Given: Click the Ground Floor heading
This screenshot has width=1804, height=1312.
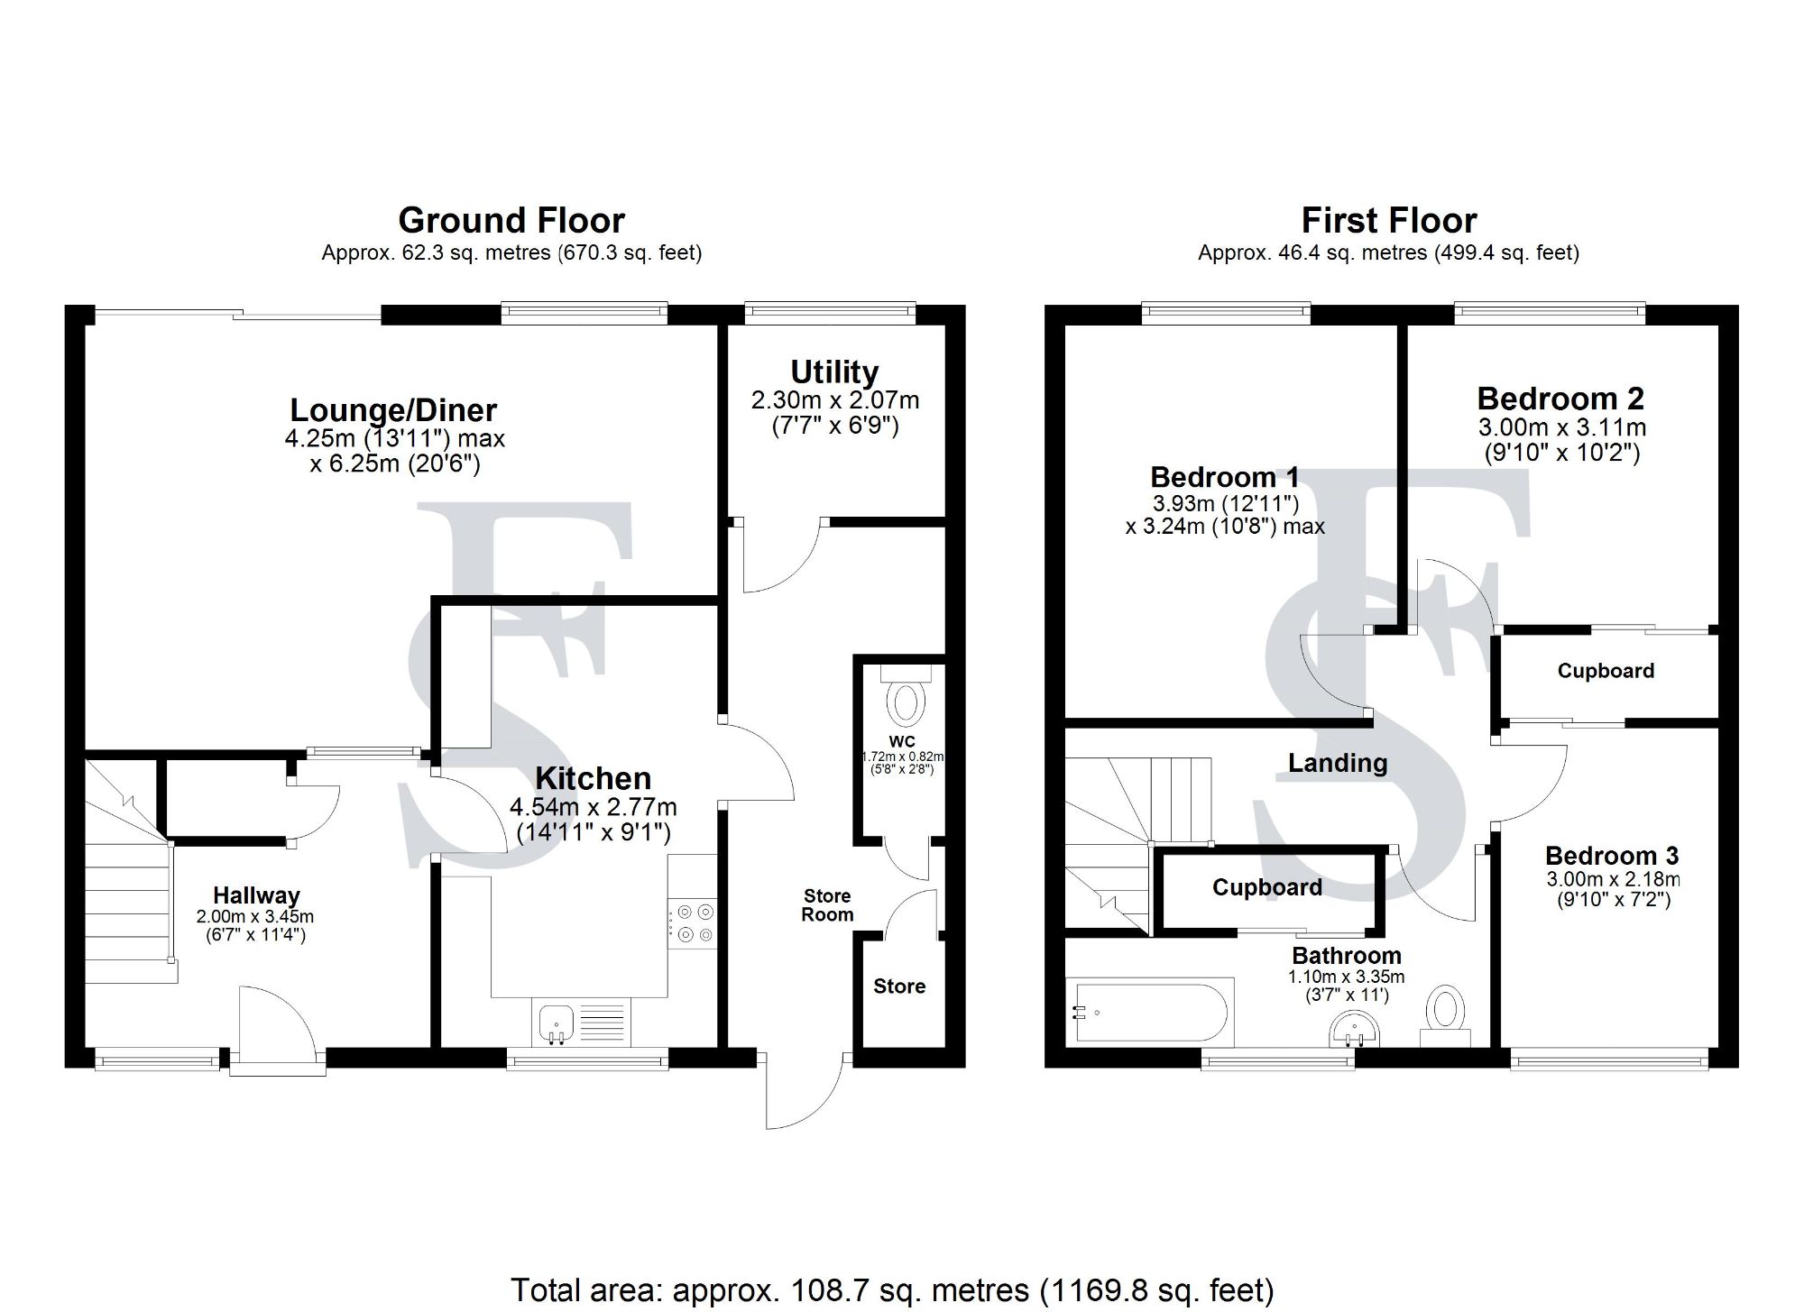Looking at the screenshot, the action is click(511, 221).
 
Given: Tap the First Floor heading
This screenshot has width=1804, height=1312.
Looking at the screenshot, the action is click(1389, 221).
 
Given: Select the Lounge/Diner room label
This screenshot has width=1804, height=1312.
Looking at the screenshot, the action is click(393, 410).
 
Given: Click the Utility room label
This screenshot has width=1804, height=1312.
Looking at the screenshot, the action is click(834, 372).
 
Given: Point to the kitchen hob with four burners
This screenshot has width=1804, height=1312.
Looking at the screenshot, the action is click(693, 924).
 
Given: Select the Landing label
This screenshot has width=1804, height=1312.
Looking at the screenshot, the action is click(1338, 764).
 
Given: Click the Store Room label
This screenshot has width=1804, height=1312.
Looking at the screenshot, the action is click(827, 905).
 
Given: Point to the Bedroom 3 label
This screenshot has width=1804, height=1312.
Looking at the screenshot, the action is click(1613, 856).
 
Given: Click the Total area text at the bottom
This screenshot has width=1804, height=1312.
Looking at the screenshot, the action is click(892, 1290).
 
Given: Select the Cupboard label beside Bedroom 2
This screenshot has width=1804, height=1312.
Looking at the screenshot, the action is click(1606, 671).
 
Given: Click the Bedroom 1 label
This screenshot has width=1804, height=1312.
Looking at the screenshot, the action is click(1225, 477).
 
